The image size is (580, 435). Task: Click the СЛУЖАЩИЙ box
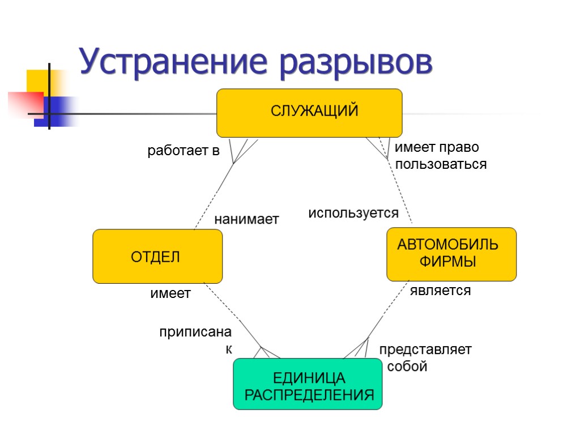pos(309,113)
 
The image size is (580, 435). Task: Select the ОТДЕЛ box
pos(157,256)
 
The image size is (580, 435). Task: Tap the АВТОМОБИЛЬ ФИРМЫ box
pos(451,254)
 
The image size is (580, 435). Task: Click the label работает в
pos(183,151)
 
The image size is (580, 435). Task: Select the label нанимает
pos(246,219)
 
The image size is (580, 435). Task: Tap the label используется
pos(353,213)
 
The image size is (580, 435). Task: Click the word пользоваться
pos(441,164)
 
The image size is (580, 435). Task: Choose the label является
pos(440,291)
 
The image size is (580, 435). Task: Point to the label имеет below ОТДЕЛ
pos(170,293)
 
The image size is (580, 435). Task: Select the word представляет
pos(425,349)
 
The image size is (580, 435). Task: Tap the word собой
pos(407,366)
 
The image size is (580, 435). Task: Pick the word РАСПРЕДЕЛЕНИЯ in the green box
pos(309,394)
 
